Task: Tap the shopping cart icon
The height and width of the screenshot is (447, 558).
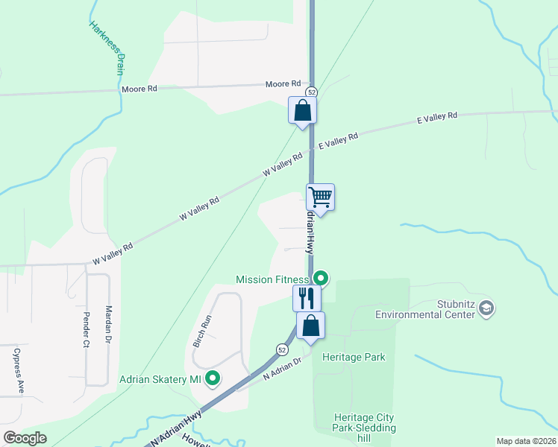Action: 320,198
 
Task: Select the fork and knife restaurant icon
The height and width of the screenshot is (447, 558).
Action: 307,299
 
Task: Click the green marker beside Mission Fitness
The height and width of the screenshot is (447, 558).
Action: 321,279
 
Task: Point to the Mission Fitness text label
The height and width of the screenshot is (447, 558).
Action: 272,279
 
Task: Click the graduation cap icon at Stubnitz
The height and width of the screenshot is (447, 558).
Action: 486,307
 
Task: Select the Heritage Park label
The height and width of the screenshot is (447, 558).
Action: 354,357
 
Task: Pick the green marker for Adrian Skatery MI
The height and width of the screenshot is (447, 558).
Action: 213,378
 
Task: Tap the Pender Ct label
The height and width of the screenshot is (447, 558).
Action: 86,330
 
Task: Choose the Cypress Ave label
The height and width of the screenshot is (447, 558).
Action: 19,371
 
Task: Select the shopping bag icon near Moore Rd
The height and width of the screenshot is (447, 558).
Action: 303,111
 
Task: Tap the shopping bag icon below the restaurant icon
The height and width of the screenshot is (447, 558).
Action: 310,326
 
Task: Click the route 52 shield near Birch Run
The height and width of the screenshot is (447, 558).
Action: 281,349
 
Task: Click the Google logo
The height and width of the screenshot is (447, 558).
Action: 25,438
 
